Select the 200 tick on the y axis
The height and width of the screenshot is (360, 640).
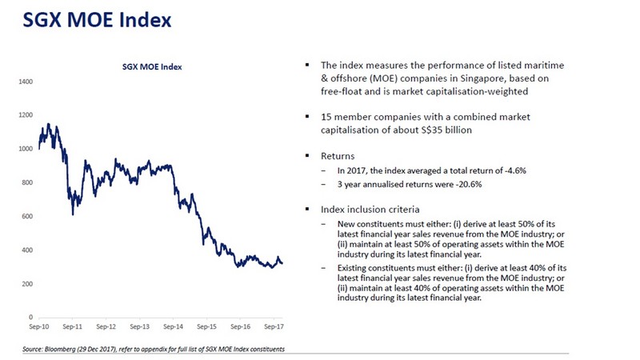coord(26,284)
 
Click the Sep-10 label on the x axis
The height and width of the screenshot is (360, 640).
coord(39,328)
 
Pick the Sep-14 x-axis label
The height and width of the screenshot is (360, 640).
coord(173,328)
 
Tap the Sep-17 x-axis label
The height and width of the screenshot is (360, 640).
coord(274,328)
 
